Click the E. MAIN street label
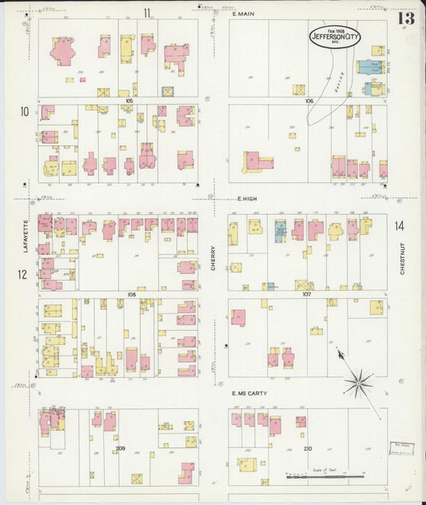[243, 14]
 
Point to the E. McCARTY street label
[249, 393]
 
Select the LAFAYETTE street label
[26, 237]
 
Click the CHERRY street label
[213, 257]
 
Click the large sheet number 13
[405, 18]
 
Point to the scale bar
[320, 477]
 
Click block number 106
[309, 101]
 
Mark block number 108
[132, 294]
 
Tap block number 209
[121, 448]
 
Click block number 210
[308, 448]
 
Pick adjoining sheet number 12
[24, 276]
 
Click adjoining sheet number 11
[147, 12]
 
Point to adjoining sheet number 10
[25, 110]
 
